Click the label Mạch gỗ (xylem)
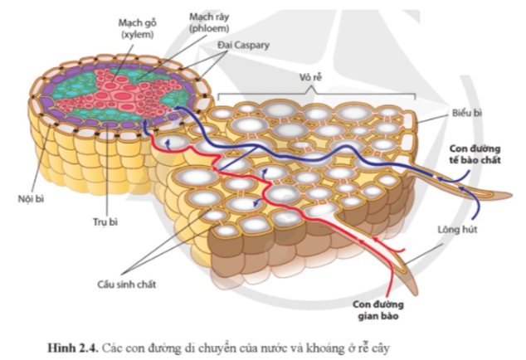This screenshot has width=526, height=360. tap(137, 28)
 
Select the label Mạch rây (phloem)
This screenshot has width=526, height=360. tap(209, 22)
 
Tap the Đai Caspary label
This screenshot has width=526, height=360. tap(243, 45)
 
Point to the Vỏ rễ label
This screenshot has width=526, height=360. tap(310, 77)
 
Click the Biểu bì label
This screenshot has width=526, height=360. tap(466, 113)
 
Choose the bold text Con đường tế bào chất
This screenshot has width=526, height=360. tap(475, 154)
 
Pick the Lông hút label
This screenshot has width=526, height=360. tap(457, 230)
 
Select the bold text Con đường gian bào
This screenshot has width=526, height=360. tap(377, 310)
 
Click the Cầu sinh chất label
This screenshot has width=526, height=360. tap(126, 285)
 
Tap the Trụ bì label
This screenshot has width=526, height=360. tap(105, 221)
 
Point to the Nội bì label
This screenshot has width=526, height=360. tap(31, 198)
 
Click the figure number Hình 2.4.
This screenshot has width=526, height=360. tap(73, 348)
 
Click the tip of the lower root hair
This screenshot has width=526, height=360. tap(416, 294)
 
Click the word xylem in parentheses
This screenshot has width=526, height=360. tap(137, 34)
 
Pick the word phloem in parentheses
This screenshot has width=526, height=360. tap(209, 28)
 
